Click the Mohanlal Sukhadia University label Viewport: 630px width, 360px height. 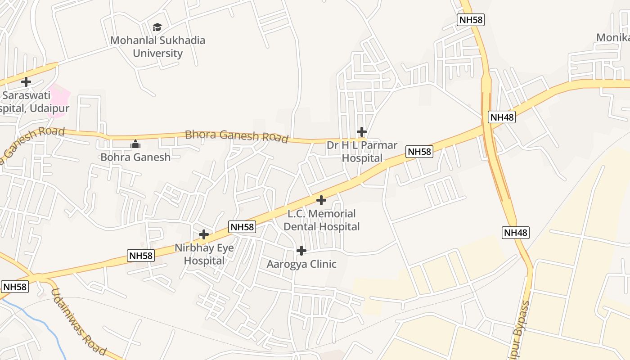tap(157, 47)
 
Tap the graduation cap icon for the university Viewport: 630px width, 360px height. tap(157, 27)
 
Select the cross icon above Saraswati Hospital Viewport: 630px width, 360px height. tap(26, 82)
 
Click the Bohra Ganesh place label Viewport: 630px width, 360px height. tap(135, 157)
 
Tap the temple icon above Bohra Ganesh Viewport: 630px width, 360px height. tap(135, 144)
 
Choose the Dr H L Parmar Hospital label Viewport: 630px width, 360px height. tap(362, 152)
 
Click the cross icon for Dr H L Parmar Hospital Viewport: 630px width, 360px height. tap(361, 132)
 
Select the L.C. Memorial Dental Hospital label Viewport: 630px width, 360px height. tap(321, 220)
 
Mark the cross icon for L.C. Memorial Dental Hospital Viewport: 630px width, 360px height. tap(321, 200)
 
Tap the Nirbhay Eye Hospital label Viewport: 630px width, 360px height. tap(204, 254)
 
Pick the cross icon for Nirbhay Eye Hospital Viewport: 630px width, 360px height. tap(204, 234)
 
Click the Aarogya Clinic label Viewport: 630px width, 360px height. tap(301, 264)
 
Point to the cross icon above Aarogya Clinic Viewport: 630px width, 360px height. tap(301, 251)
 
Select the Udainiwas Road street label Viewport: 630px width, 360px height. tap(79, 322)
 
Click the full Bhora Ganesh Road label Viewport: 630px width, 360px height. tap(236, 136)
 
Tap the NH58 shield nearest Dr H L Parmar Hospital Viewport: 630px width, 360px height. tap(419, 152)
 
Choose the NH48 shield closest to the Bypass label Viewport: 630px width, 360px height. tap(516, 233)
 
